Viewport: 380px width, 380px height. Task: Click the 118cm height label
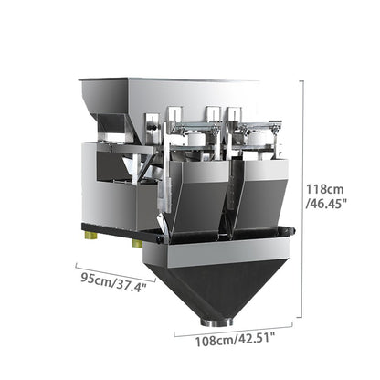324,189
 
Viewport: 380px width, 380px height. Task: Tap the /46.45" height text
326,203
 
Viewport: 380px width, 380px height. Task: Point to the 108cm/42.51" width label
235,339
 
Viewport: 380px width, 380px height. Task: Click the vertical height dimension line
301,199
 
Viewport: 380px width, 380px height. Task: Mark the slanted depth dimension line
116,272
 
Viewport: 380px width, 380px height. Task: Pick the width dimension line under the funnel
233,329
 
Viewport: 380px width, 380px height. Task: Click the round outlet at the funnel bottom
216,322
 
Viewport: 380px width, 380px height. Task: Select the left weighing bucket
198,198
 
